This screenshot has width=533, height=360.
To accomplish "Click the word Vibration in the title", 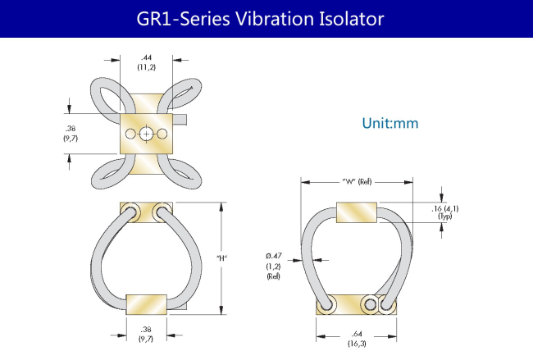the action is click(276, 19).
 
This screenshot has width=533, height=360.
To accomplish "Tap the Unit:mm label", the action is click(389, 123).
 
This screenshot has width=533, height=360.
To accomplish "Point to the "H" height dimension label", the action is click(221, 258).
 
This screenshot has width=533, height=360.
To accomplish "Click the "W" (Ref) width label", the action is click(357, 181).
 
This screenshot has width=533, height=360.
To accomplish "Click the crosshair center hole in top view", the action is click(146, 134).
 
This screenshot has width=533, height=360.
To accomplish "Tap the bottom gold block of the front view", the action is click(146, 304).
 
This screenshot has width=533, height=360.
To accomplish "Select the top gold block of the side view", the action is click(357, 212).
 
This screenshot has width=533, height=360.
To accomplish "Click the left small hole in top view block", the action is click(130, 134).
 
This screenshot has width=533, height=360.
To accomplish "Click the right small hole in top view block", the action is click(162, 134).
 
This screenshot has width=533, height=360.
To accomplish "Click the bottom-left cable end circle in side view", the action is click(326, 303).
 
